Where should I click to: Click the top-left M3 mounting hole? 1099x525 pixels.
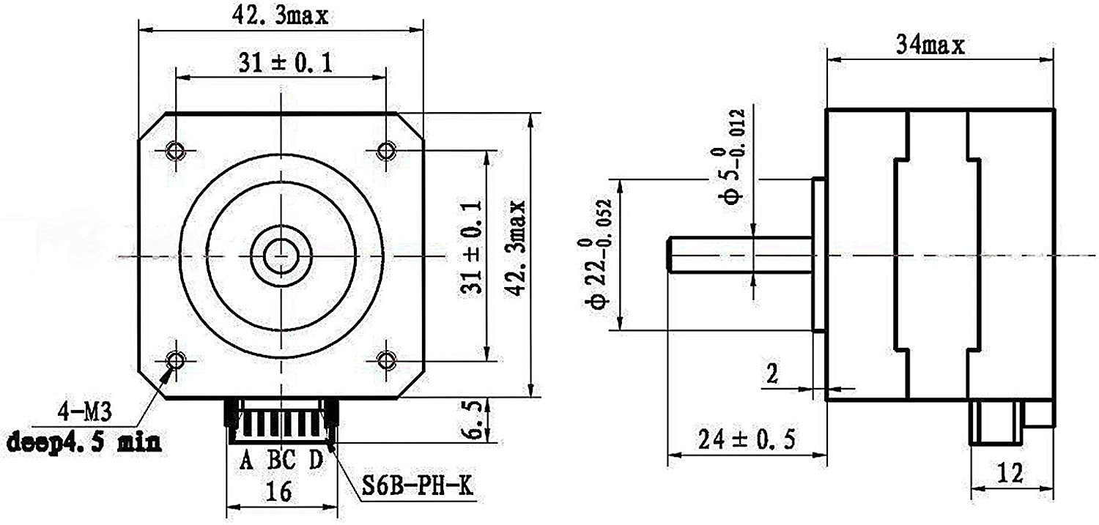(175, 151)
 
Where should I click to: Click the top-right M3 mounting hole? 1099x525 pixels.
(386, 151)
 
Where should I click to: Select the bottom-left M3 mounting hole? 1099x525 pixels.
(175, 360)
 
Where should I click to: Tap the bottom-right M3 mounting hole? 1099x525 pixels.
(386, 360)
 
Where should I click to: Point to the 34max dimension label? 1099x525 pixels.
(930, 45)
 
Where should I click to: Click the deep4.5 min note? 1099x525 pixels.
(84, 442)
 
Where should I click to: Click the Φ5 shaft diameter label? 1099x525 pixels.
(735, 154)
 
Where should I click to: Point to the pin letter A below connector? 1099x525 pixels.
(247, 461)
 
